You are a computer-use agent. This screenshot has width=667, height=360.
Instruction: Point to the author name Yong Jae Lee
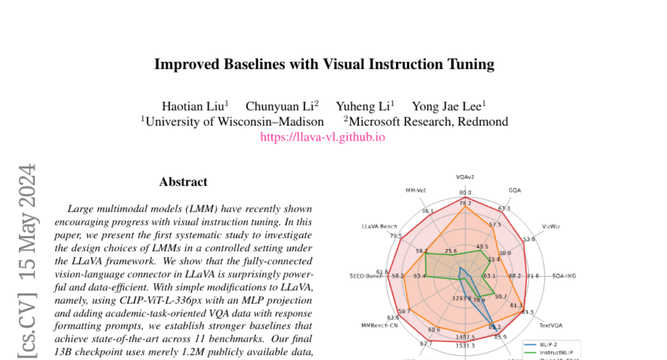(446, 106)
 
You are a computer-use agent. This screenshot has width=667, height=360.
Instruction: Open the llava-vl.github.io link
(322, 137)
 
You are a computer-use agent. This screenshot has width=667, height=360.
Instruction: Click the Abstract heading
(183, 182)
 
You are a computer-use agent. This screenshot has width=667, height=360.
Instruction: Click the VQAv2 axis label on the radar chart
(465, 178)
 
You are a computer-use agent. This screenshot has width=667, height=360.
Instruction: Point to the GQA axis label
(515, 190)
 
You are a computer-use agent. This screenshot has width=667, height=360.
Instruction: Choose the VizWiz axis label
(551, 226)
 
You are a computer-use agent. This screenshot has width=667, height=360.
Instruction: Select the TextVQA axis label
(551, 325)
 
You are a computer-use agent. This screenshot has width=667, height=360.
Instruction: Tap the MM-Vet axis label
(415, 190)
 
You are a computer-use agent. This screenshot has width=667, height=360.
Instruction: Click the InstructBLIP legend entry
(556, 352)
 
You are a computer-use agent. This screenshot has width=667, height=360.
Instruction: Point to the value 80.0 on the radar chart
(465, 193)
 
